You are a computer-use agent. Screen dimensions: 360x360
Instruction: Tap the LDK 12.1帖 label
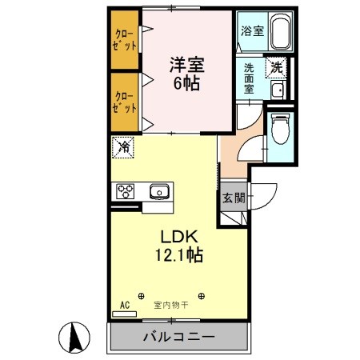click(x=182, y=246)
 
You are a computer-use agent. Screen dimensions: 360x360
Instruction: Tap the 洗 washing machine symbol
click(x=276, y=69)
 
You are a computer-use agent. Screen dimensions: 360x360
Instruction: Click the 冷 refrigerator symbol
click(x=123, y=147)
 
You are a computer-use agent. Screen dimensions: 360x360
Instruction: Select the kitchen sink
click(x=159, y=191)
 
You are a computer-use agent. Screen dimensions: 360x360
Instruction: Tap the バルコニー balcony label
click(x=178, y=338)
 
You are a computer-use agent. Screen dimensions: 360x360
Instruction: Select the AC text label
click(x=124, y=305)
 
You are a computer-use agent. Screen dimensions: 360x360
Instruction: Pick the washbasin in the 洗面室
click(x=277, y=90)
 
